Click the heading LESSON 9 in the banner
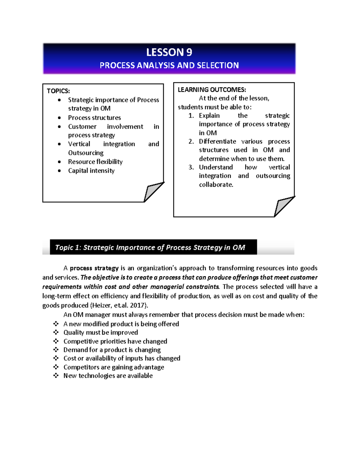tap(169, 52)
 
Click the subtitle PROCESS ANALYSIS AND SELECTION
tap(169, 65)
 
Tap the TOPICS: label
tap(58, 91)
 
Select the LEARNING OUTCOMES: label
tap(212, 90)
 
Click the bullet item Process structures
tap(94, 118)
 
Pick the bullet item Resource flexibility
tap(95, 162)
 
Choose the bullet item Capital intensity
tap(91, 171)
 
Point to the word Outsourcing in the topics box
tap(85, 153)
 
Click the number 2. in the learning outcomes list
tap(191, 141)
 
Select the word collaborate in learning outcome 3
tap(216, 185)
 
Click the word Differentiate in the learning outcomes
tap(217, 141)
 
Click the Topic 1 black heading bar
tap(153, 247)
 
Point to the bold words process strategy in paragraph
tap(94, 268)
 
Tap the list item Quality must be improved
tap(100, 332)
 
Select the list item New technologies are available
tap(108, 376)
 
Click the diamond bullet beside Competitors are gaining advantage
tap(56, 367)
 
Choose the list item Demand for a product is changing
tap(112, 350)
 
